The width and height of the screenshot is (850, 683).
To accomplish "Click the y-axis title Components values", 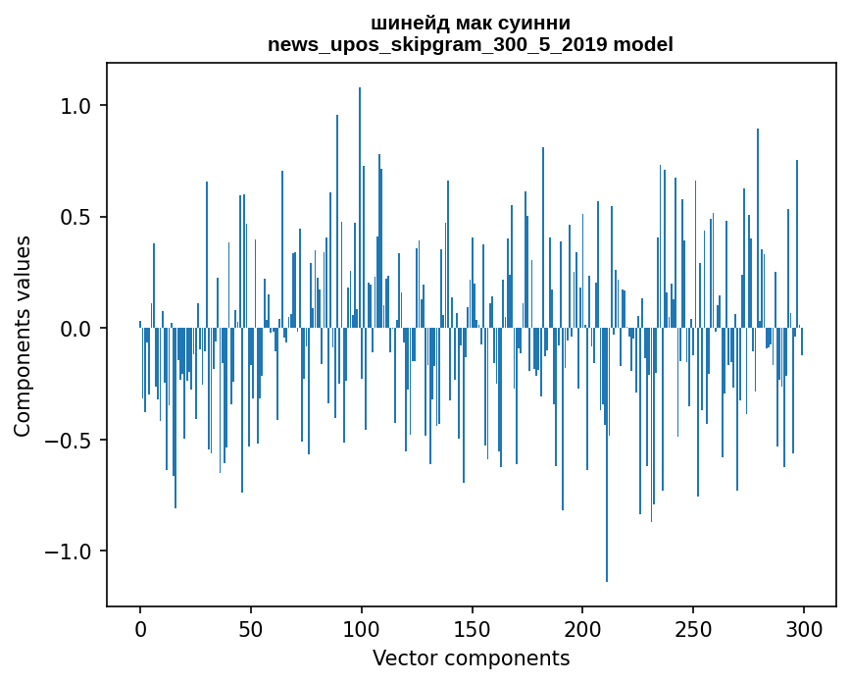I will (23, 336).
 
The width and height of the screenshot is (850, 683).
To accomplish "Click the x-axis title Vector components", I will (471, 657).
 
